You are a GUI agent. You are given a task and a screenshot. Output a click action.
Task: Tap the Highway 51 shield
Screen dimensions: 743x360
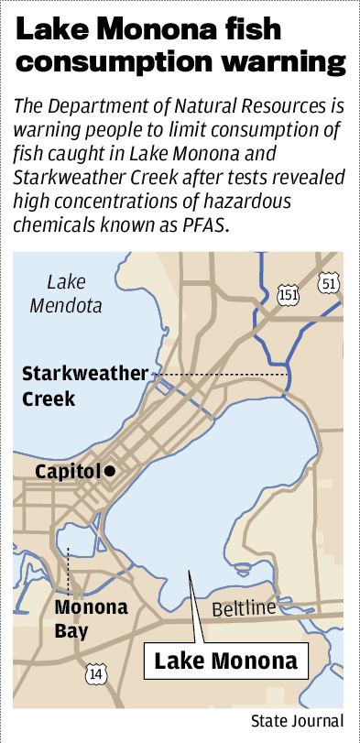click(329, 285)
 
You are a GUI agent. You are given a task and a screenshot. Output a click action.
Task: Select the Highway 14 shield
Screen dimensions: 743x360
click(94, 674)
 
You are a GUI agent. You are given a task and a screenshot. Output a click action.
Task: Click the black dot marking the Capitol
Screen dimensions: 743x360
click(110, 470)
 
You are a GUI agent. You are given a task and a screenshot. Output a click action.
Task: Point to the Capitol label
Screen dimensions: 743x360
click(68, 471)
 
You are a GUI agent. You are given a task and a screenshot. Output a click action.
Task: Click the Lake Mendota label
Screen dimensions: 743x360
click(66, 294)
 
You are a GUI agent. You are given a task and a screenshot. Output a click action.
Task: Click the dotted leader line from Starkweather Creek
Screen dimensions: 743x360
click(220, 375)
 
